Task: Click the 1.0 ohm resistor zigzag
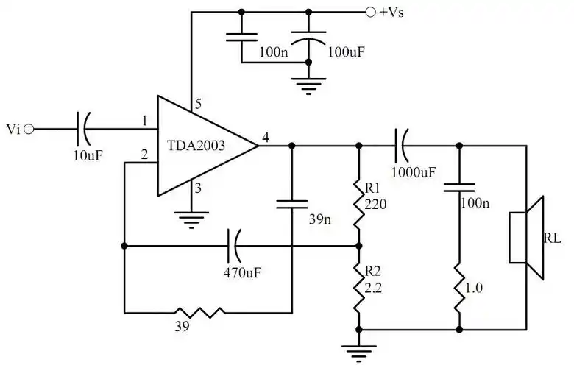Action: tap(458, 287)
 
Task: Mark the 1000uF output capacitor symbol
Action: tap(403, 146)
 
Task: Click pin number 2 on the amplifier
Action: tap(144, 155)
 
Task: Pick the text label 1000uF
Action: tap(415, 171)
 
